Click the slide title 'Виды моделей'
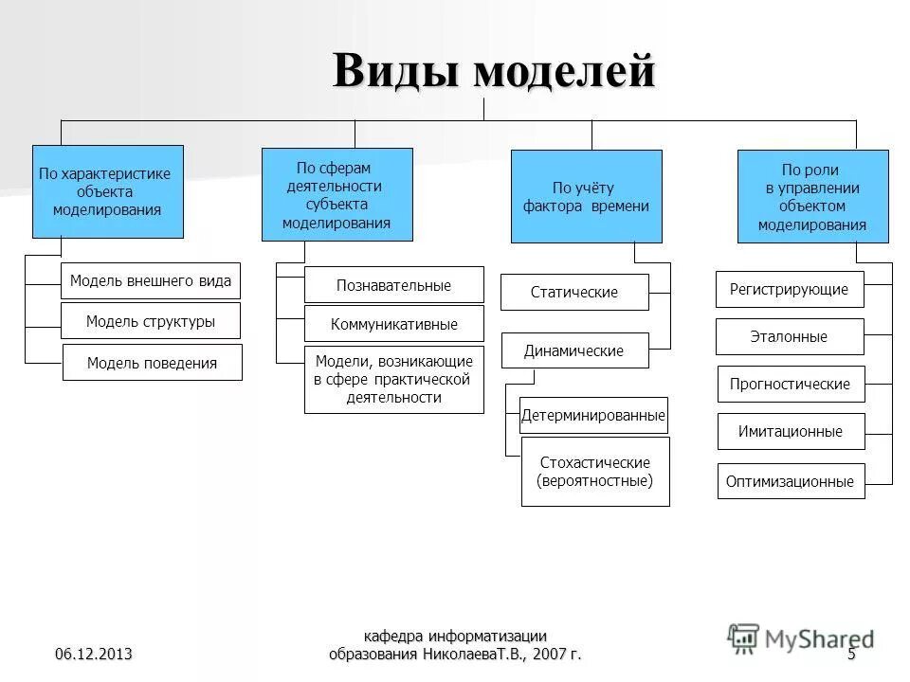click(493, 71)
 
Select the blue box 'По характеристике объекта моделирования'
click(107, 191)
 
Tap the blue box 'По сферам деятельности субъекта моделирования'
click(337, 194)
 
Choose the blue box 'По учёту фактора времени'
click(587, 197)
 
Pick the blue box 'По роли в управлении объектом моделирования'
click(812, 197)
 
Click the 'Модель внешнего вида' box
click(151, 280)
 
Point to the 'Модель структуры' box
click(151, 321)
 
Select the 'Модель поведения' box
click(152, 363)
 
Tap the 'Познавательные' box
click(393, 285)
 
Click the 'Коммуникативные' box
click(393, 324)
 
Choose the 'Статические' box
click(574, 292)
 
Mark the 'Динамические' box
click(574, 350)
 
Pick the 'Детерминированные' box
click(594, 415)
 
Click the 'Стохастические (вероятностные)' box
click(595, 472)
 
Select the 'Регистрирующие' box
click(790, 289)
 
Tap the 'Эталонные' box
click(790, 336)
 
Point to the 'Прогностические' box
click(791, 384)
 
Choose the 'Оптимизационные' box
click(791, 481)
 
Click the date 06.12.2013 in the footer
click(93, 655)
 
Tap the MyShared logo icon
click(743, 637)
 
